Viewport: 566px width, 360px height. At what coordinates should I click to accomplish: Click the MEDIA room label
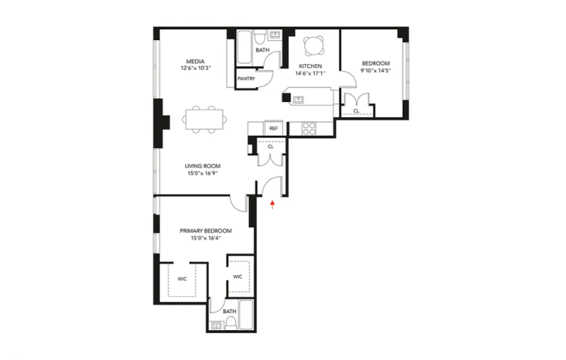point(196,61)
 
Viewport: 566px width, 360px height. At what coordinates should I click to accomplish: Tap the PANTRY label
point(246,79)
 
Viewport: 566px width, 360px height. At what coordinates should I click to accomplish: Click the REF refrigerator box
point(273,128)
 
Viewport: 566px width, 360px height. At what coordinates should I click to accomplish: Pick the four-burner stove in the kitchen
point(308,127)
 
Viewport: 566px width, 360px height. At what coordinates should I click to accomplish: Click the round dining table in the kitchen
point(314,45)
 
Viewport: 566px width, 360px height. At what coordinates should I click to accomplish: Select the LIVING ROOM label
point(203,165)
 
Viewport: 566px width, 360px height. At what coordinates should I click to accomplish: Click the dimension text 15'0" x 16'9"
point(203,173)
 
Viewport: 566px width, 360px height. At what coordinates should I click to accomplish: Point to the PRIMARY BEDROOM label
point(205,231)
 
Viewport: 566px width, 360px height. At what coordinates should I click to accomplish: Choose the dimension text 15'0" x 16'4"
point(205,238)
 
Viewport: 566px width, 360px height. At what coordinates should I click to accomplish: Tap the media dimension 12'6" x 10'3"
point(196,68)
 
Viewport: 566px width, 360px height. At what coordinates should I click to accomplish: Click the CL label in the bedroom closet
point(356,111)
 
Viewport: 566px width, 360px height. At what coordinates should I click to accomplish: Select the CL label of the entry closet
point(270,146)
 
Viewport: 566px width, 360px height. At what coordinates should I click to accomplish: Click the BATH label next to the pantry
point(262,50)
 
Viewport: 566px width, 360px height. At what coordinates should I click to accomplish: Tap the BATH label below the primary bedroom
point(230,311)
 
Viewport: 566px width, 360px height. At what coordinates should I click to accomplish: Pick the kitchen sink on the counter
point(298,99)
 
